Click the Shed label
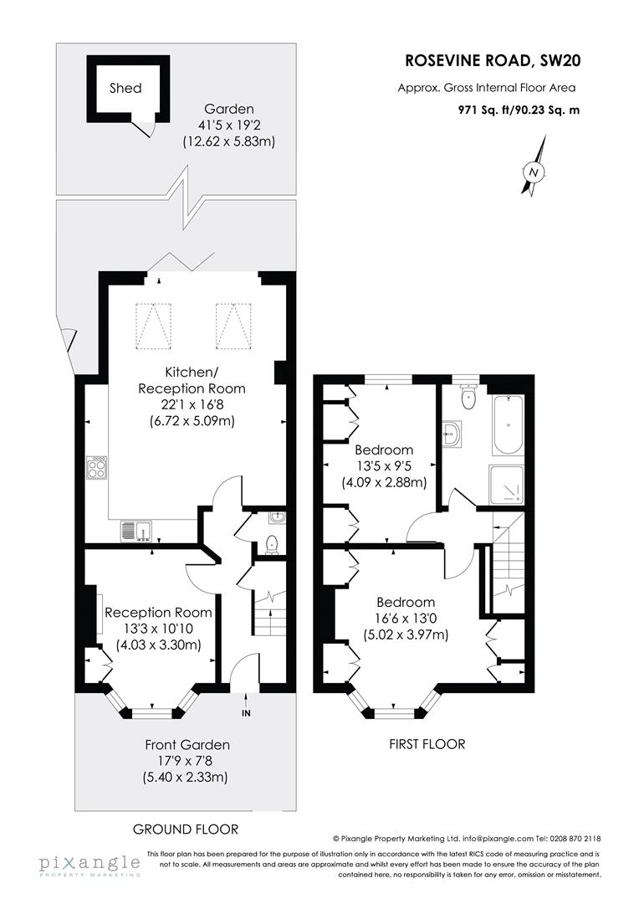(125, 88)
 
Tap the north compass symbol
(533, 172)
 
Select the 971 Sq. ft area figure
(483, 110)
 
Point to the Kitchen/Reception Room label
(192, 381)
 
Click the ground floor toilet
(271, 545)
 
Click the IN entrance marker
(245, 713)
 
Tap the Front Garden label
(187, 744)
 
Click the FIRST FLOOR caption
(428, 743)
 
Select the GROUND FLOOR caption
(186, 829)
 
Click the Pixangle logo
(88, 865)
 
